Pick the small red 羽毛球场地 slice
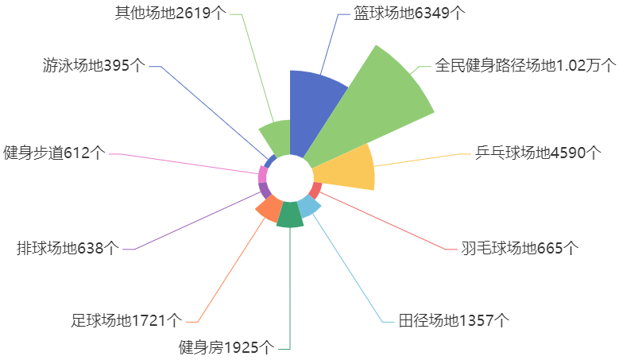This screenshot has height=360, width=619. pyautogui.click(x=315, y=190)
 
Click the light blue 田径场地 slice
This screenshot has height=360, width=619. pyautogui.click(x=309, y=206)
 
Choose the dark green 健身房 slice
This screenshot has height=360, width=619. pyautogui.click(x=290, y=215)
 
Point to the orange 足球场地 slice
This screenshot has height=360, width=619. pyautogui.click(x=269, y=209)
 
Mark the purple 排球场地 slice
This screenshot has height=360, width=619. pyautogui.click(x=265, y=190)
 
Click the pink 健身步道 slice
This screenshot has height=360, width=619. pyautogui.click(x=263, y=175)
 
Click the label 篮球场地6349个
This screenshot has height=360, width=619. pyautogui.click(x=409, y=13)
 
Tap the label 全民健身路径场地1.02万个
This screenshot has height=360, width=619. pyautogui.click(x=525, y=65)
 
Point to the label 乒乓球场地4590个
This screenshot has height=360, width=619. pyautogui.click(x=538, y=153)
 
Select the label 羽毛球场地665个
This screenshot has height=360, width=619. pyautogui.click(x=520, y=248)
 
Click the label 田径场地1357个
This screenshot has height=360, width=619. pyautogui.click(x=454, y=320)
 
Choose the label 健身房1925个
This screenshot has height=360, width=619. pyautogui.click(x=226, y=347)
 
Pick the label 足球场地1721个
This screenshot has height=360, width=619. pyautogui.click(x=126, y=320)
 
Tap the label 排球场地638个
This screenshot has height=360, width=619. pyautogui.click(x=68, y=248)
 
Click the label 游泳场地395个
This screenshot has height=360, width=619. pyautogui.click(x=94, y=65)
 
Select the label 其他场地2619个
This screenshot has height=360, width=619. pyautogui.click(x=171, y=13)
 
